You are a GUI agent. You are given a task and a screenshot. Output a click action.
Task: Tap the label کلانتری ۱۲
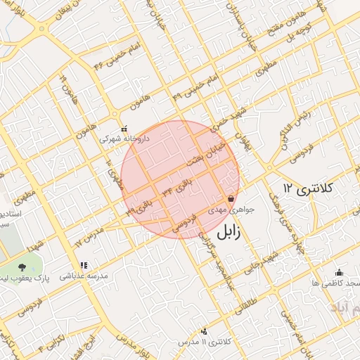click(310, 188)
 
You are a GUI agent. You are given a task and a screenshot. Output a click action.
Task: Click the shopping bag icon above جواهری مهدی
click(231, 199)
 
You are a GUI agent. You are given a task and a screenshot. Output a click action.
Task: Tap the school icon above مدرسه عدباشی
click(84, 266)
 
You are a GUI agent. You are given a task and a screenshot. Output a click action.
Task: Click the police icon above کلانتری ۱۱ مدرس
click(205, 331)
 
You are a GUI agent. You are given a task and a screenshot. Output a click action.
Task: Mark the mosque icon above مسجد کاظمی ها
click(340, 273)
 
